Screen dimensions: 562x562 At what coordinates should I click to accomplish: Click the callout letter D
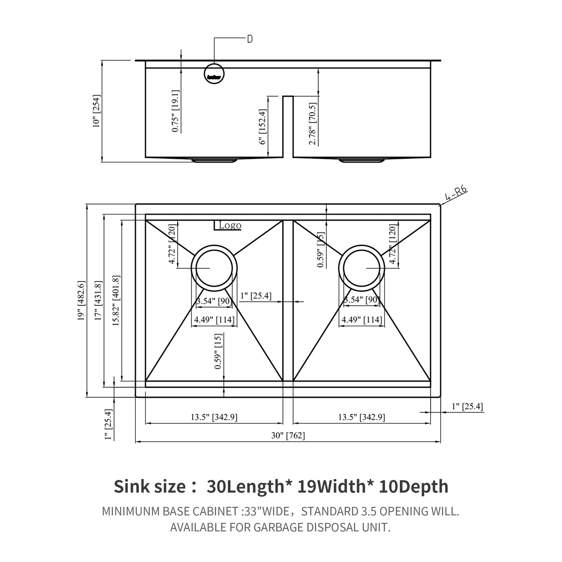(x=250, y=39)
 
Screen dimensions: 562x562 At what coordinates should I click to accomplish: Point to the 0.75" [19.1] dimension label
(x=175, y=111)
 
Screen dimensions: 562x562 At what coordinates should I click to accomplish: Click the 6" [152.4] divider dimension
(x=264, y=126)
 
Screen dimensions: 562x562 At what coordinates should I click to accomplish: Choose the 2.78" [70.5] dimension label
(x=312, y=124)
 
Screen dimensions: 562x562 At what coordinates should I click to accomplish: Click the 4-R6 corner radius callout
(x=456, y=194)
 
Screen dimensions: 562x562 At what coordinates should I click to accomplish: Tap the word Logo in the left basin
(x=230, y=225)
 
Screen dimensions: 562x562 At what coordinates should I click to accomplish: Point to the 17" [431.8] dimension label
(x=98, y=300)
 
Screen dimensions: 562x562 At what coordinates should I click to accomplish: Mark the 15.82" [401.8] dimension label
(x=116, y=300)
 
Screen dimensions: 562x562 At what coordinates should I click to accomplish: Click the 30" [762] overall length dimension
(x=288, y=436)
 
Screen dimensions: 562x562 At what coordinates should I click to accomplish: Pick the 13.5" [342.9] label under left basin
(x=214, y=417)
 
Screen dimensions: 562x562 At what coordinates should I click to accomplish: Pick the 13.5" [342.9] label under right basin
(x=361, y=417)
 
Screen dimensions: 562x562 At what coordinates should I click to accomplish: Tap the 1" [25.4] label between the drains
(x=256, y=296)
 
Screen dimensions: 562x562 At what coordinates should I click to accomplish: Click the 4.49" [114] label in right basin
(x=362, y=320)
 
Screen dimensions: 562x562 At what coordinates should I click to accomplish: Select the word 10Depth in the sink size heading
(x=414, y=487)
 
